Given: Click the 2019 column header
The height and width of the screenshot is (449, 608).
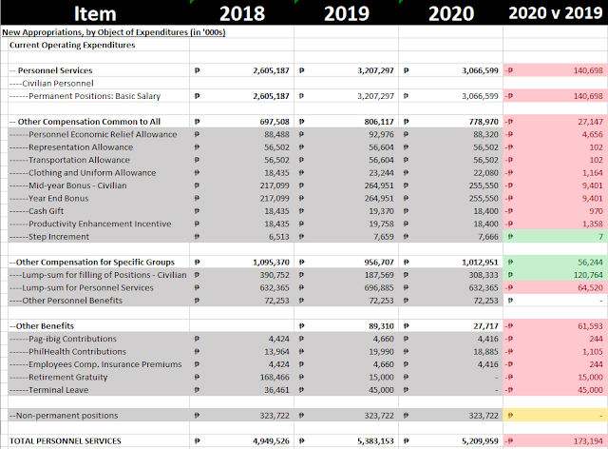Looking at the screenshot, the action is pos(347,13).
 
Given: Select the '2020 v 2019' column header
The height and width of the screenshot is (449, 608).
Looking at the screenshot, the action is pos(556,13).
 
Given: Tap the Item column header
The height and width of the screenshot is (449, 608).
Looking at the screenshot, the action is pos(95,13).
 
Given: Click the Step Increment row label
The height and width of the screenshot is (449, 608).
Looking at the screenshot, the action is pos(49,237).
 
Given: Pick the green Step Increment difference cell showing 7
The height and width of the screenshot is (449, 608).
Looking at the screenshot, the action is pos(555,237).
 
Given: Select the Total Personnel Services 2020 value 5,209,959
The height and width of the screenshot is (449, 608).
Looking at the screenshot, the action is pos(480,441).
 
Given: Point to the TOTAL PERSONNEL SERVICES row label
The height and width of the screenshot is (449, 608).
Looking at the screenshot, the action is pos(66,441).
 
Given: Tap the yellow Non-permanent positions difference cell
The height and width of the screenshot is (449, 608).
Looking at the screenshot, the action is pos(555,415).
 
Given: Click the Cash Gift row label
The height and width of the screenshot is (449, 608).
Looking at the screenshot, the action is pos(37,211).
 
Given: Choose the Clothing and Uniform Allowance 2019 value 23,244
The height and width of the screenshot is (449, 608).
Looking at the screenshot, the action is pos(381,173).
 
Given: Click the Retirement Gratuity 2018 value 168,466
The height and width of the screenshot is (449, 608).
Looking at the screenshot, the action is pos(275,377).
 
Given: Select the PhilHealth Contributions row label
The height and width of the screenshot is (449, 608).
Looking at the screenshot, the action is pos(67,352).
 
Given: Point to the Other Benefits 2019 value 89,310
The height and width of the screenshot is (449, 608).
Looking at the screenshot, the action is pos(381,326).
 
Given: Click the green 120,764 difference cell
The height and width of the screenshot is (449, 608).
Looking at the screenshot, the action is pos(555,275).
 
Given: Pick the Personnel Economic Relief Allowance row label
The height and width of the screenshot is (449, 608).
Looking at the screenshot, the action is pos(93,134).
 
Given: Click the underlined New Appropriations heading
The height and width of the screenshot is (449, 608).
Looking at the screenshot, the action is pos(114,32).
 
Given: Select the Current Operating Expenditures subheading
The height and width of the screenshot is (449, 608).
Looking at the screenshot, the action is pos(72,45).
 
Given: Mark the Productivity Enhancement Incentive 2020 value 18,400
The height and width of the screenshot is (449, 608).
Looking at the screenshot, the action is pos(485,224).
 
